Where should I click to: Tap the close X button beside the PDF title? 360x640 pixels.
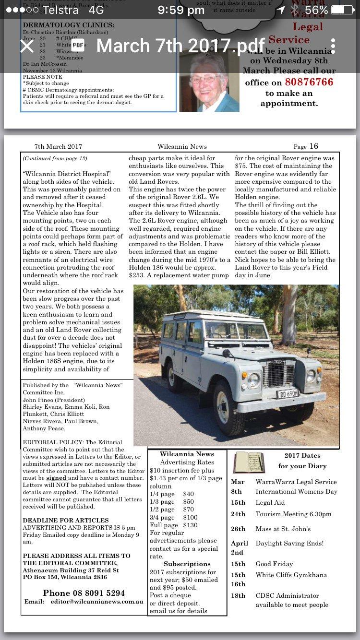(27, 46)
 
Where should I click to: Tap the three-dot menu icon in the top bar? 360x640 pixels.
(333, 46)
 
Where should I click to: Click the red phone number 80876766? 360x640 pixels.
(309, 82)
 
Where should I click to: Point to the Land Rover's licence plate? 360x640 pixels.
(287, 394)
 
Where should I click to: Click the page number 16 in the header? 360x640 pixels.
(313, 146)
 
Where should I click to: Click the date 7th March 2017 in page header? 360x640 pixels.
(58, 147)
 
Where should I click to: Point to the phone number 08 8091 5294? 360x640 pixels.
(84, 593)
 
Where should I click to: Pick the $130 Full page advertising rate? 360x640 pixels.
(191, 525)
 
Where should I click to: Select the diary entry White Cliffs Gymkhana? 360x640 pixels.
(291, 575)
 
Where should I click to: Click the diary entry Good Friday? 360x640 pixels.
(274, 564)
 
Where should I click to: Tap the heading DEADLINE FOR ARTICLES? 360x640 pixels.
(66, 521)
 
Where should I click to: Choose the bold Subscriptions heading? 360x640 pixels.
(187, 564)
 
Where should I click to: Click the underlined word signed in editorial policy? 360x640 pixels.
(57, 478)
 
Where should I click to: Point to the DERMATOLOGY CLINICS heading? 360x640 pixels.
(69, 25)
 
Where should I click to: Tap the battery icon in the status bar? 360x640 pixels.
(344, 11)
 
